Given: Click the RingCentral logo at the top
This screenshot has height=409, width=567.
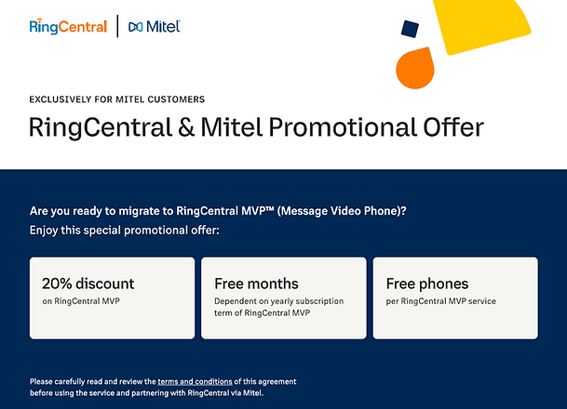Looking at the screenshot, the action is click(68, 26).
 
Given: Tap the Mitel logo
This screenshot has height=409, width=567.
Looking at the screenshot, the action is click(155, 26).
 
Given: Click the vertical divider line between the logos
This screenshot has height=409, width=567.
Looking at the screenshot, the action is click(117, 26).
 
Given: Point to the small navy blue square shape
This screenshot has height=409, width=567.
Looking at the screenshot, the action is click(410, 29).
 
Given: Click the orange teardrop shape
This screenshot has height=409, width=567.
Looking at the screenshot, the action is click(415, 69).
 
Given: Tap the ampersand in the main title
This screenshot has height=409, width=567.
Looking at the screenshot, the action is click(186, 127).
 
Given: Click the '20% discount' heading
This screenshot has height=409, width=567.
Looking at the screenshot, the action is click(88, 284).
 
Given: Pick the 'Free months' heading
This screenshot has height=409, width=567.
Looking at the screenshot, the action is click(256, 284).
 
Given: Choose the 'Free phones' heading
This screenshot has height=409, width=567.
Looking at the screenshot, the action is click(427, 284).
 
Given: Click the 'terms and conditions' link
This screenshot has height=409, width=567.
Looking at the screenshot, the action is click(195, 381).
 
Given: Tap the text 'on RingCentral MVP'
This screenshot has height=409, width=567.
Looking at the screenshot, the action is click(81, 301).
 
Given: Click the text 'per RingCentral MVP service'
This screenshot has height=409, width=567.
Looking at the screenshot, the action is click(440, 301).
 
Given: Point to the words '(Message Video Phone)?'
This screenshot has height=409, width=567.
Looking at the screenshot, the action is click(342, 211).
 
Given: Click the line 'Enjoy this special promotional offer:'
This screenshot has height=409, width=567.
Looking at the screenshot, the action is click(125, 231).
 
